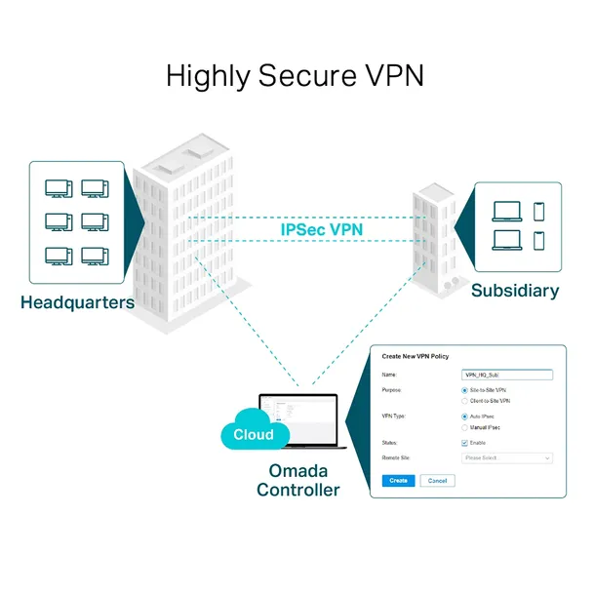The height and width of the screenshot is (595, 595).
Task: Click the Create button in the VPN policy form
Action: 398,481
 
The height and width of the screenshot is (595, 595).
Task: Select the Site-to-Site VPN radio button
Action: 464,390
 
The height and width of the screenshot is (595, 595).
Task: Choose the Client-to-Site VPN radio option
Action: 464,401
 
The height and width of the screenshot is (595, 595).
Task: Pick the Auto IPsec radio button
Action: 464,416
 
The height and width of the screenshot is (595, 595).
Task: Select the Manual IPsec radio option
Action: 464,427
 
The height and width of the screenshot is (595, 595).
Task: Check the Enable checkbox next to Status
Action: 464,443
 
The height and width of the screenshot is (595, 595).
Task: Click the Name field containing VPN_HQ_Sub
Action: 505,375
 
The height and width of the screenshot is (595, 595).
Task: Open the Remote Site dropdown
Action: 505,457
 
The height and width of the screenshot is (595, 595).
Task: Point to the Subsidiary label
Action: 515,291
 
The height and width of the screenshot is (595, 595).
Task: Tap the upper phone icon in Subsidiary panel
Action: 539,211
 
